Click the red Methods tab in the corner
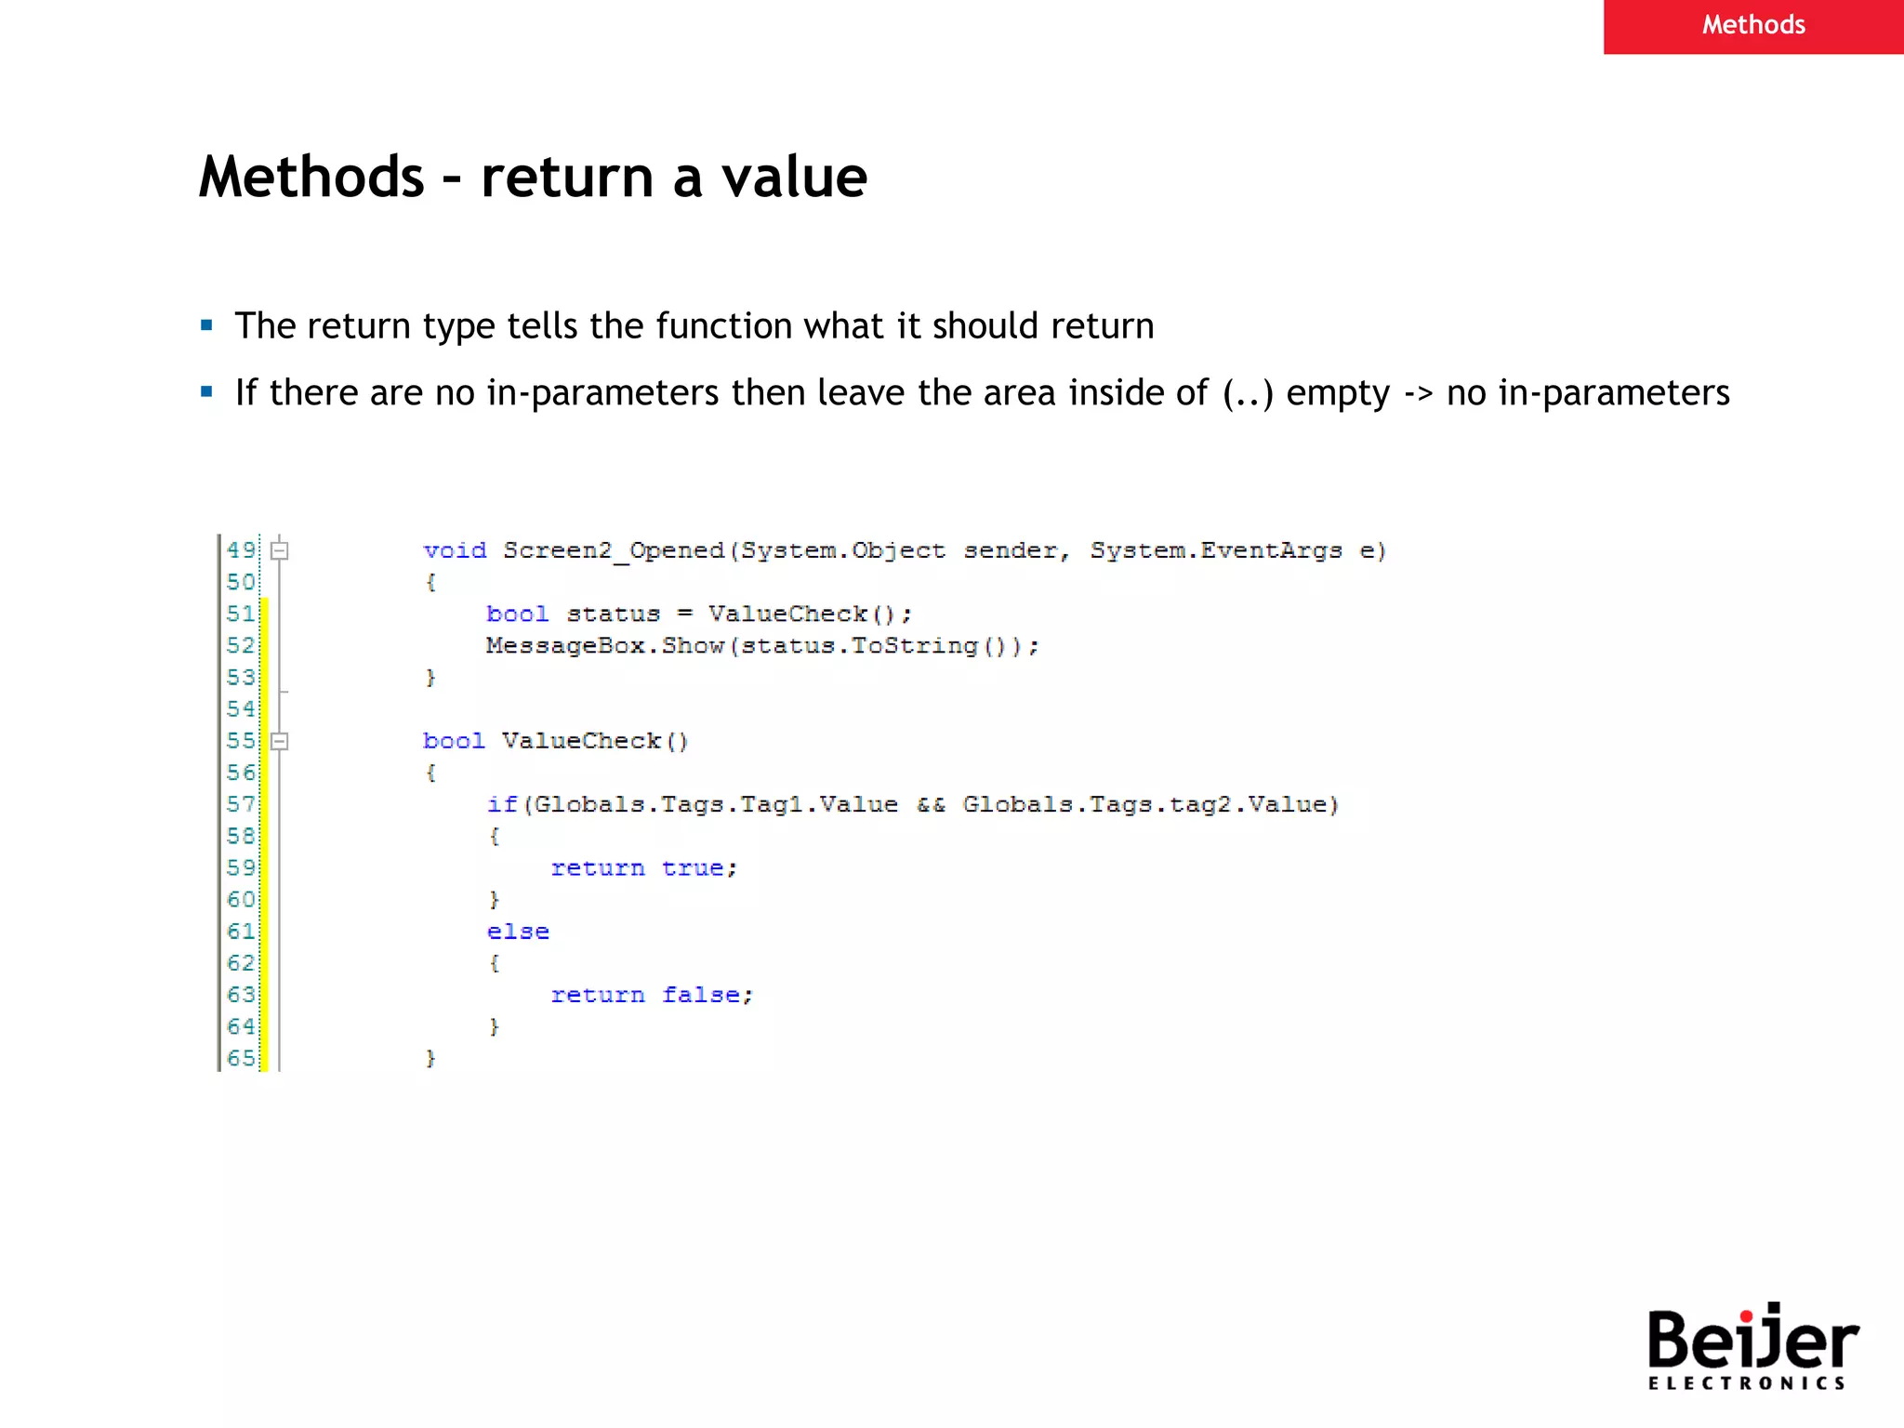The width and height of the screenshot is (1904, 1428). point(1752,25)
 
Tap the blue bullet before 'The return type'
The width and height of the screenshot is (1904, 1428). point(206,325)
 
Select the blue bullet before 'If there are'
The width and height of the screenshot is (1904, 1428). point(206,392)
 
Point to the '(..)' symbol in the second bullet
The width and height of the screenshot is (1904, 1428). point(1248,393)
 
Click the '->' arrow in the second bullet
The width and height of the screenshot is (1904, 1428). point(1418,394)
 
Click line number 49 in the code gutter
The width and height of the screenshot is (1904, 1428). point(241,549)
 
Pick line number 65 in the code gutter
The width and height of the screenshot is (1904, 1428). point(241,1058)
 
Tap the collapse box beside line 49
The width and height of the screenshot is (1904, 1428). point(279,550)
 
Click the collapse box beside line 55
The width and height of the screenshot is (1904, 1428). point(279,741)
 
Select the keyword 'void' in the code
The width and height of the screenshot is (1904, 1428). point(455,550)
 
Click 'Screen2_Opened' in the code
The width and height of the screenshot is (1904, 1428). point(614,550)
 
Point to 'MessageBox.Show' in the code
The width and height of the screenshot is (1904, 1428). point(604,646)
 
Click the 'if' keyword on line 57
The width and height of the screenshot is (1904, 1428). point(502,804)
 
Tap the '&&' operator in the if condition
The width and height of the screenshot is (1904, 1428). point(931,804)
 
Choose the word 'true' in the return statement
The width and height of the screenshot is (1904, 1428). point(693,868)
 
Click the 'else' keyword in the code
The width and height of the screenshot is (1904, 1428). point(518,932)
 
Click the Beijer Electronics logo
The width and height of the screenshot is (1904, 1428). point(1752,1347)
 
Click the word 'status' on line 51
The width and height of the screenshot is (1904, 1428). point(614,615)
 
